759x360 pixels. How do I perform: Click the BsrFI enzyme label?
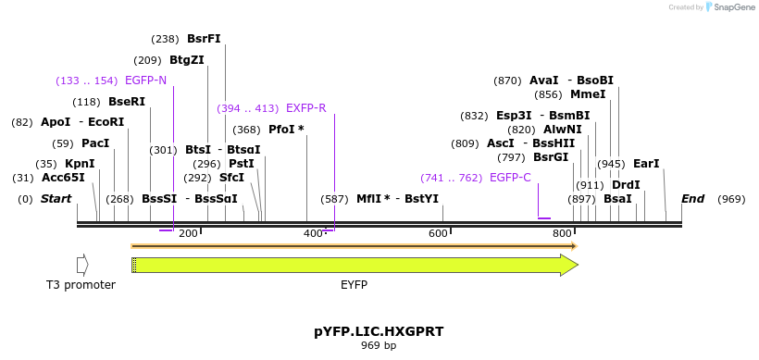click(x=204, y=39)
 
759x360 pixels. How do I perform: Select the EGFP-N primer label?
click(x=145, y=81)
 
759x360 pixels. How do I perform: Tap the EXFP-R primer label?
click(x=305, y=108)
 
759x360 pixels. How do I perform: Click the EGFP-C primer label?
click(x=510, y=178)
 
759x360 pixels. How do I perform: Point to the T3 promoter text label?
click(x=81, y=285)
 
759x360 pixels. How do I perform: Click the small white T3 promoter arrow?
click(x=82, y=266)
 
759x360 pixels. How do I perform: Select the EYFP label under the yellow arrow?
click(x=355, y=285)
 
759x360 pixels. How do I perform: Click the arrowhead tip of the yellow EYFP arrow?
click(x=576, y=266)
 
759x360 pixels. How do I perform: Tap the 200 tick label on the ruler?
click(x=188, y=234)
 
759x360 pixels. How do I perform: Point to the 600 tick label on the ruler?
click(x=438, y=234)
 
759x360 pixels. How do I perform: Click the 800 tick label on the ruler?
click(x=562, y=234)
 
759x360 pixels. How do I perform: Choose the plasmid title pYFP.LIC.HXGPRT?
click(x=378, y=330)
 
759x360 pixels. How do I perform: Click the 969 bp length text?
click(x=378, y=346)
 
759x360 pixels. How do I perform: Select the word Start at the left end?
click(x=56, y=199)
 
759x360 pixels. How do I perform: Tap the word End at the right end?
click(x=692, y=199)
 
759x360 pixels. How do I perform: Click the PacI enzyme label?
click(x=95, y=143)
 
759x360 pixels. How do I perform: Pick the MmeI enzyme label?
click(x=588, y=94)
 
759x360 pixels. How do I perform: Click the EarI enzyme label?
click(x=646, y=164)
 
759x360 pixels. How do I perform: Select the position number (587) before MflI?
click(x=334, y=199)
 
